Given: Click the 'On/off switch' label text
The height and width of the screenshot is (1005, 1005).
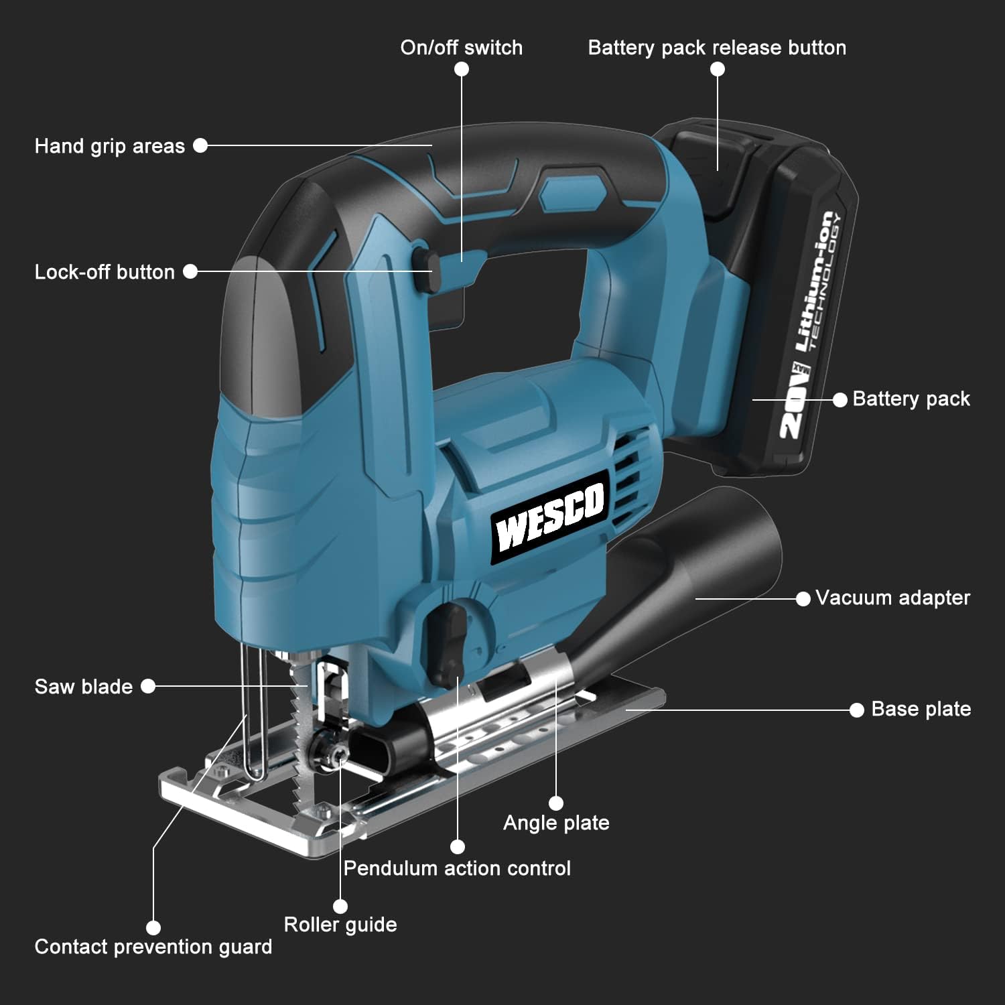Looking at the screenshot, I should pos(461,48).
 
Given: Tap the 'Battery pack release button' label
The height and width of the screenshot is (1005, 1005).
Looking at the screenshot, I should pos(717,48).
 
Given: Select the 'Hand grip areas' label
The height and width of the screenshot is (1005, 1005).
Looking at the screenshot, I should pos(109,146).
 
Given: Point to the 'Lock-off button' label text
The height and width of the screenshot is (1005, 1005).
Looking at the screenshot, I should pos(105,272).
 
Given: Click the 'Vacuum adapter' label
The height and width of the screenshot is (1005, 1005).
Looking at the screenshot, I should pos(892,598).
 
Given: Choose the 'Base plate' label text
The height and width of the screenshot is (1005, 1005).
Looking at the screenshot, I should pos(921,709).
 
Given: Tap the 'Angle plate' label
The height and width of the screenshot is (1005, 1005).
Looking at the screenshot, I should pos(556,823).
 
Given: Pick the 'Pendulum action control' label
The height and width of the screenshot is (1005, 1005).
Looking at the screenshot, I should pos(457,868).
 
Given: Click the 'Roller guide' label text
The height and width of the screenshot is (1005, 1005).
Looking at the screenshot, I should pos(340,925).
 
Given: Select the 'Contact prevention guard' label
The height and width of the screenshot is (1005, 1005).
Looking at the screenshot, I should pos(153,947).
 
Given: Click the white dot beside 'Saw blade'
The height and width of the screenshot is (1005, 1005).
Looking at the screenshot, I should pos(148,686).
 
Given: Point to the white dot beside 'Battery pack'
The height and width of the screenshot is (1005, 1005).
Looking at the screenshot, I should pos(840,399).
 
